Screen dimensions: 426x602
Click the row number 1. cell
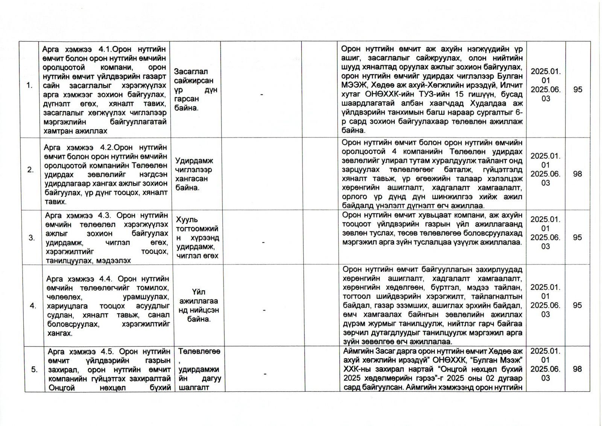(x=29, y=86)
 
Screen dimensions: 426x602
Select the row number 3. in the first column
(x=32, y=238)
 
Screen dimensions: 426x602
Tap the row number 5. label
(x=34, y=370)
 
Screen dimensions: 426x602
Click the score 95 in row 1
(x=578, y=90)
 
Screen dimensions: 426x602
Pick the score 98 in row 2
(x=578, y=174)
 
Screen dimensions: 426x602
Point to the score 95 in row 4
(x=578, y=305)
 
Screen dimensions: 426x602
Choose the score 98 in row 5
(x=578, y=369)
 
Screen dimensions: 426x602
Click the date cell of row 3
(x=546, y=233)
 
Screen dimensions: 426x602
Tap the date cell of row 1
(x=546, y=85)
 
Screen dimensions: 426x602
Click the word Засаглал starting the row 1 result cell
(x=191, y=72)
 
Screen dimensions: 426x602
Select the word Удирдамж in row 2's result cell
(x=194, y=161)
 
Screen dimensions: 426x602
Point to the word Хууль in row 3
(x=187, y=219)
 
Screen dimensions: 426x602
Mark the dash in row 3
(x=263, y=243)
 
